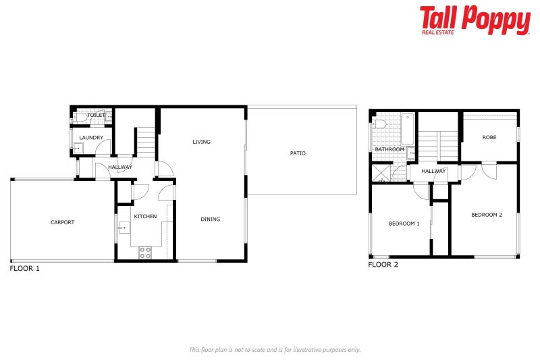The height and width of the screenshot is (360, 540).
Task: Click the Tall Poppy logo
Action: [475, 20]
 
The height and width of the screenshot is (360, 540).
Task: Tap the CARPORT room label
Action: [62, 222]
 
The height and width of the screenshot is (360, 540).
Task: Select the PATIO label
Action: [298, 153]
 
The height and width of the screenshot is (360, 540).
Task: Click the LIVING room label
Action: [201, 142]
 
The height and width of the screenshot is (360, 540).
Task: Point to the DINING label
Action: [210, 219]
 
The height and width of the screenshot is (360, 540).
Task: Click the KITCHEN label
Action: [145, 216]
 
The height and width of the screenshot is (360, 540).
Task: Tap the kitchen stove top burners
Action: [145, 253]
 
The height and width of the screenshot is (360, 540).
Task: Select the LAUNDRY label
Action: [91, 138]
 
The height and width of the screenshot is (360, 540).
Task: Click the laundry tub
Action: [78, 149]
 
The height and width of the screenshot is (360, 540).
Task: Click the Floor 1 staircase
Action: [146, 143]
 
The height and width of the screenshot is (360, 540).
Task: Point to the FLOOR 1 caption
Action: [25, 269]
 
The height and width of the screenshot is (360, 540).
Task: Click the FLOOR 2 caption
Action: [383, 265]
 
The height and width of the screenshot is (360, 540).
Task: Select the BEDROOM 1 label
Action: [404, 224]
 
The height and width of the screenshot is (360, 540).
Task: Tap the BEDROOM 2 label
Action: [486, 215]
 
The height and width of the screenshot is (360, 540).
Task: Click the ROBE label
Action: [489, 137]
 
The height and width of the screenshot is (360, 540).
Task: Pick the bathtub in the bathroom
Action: [408, 129]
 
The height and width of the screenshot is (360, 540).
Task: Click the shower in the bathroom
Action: [381, 173]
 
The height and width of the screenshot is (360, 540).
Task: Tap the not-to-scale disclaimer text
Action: [275, 350]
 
